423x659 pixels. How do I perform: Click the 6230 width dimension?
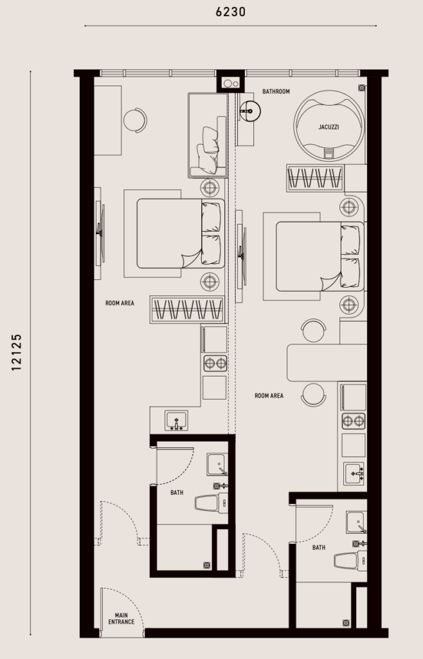tap(230, 12)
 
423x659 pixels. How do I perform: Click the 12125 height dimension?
tap(16, 352)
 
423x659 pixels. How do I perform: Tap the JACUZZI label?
tap(328, 127)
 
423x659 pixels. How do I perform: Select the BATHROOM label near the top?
tap(276, 91)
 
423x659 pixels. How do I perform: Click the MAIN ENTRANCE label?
tap(122, 618)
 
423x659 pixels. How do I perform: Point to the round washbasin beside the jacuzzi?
tap(250, 111)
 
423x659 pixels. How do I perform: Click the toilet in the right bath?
tap(350, 561)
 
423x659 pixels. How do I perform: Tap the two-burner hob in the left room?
tap(215, 363)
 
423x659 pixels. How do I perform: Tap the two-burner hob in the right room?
tap(354, 421)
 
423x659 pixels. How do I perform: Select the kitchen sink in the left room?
tap(176, 420)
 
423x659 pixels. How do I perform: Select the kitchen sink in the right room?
tap(354, 474)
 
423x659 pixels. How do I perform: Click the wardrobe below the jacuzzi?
tap(315, 178)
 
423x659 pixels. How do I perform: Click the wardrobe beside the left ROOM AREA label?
tap(187, 310)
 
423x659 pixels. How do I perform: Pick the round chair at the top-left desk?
tap(135, 120)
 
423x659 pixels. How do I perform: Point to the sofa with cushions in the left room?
tap(208, 135)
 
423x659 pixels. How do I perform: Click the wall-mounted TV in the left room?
tap(100, 232)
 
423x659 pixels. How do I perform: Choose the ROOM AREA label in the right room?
tap(269, 396)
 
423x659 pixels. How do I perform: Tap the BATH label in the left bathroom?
tap(177, 492)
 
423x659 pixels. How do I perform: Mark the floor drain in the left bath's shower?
tap(207, 565)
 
